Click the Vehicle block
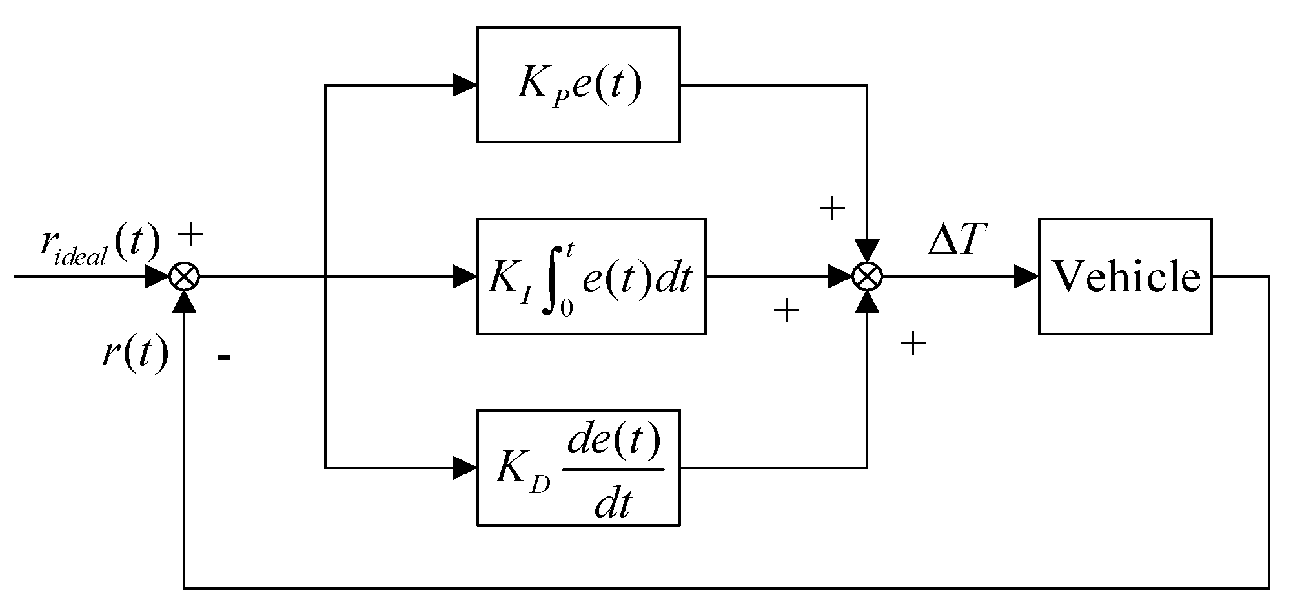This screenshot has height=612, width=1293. [1125, 277]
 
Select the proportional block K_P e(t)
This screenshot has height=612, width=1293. [578, 85]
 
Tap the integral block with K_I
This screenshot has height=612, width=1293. [591, 277]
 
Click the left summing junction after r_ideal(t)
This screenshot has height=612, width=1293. [184, 277]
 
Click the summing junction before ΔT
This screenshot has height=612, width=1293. [866, 277]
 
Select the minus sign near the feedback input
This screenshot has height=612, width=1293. [224, 357]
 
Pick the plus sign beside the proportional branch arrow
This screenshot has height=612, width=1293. [831, 209]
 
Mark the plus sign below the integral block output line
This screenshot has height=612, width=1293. [786, 311]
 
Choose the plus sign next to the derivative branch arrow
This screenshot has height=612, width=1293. [913, 343]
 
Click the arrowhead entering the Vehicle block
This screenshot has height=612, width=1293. [1026, 277]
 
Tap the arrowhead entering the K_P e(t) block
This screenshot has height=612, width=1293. [464, 85]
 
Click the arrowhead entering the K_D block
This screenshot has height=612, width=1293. [464, 467]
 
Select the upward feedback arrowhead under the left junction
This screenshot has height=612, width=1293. [184, 301]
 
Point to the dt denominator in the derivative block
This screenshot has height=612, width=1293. [612, 504]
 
